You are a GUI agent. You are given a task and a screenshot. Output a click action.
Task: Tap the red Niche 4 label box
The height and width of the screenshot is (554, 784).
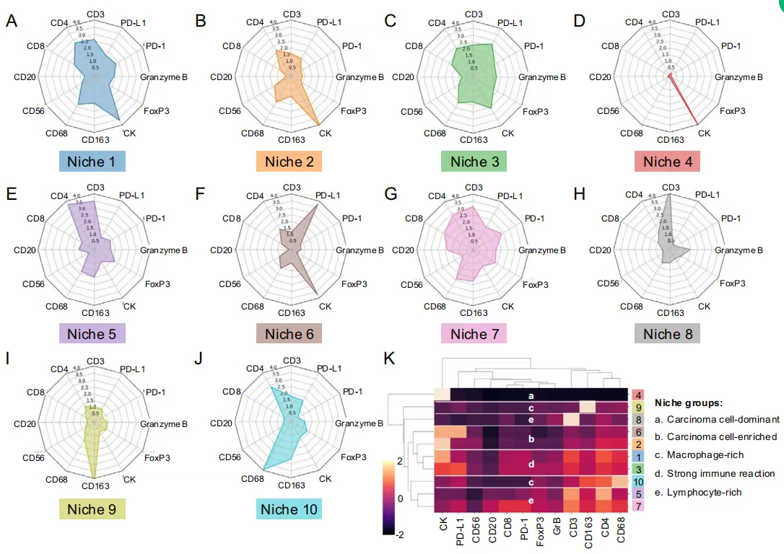[x=668, y=162]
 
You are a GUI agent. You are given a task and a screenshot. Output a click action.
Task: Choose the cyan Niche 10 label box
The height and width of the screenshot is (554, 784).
[x=288, y=509]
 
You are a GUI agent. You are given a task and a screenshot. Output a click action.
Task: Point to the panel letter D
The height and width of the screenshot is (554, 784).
[x=578, y=22]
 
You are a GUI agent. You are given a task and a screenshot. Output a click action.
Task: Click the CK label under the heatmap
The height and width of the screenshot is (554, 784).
[x=442, y=525]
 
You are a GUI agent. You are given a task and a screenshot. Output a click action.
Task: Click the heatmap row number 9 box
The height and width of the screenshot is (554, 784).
[x=639, y=408]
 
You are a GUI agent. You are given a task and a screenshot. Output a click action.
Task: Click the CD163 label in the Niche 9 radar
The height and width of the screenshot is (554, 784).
[x=95, y=487]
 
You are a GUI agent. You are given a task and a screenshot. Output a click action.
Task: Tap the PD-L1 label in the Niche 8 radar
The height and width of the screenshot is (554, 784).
[x=709, y=195]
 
